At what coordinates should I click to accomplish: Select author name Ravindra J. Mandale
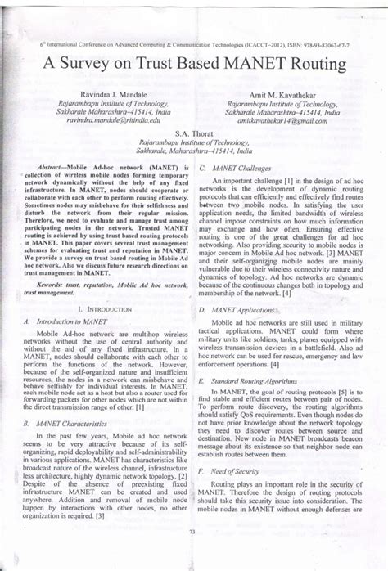pos(116,96)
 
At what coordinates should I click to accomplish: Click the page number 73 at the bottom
pos(193,556)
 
